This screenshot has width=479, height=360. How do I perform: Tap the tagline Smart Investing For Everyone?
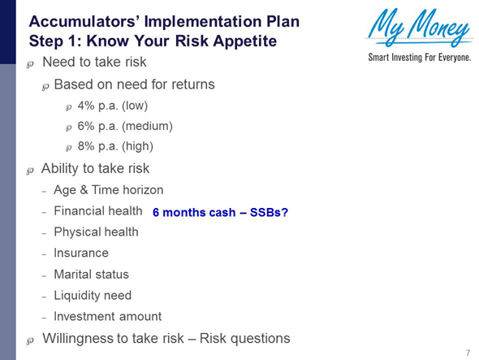419,59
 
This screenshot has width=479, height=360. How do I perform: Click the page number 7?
468,352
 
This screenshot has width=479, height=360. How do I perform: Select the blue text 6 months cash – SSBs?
220,213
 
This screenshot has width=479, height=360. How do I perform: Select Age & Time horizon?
108,190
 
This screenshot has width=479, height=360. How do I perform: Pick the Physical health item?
96,232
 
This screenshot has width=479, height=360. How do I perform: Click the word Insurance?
80,253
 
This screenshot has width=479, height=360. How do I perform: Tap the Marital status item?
91,274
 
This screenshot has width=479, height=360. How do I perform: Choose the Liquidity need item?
92,295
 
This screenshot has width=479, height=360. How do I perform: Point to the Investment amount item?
107,316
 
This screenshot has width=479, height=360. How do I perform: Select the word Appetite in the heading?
244,39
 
